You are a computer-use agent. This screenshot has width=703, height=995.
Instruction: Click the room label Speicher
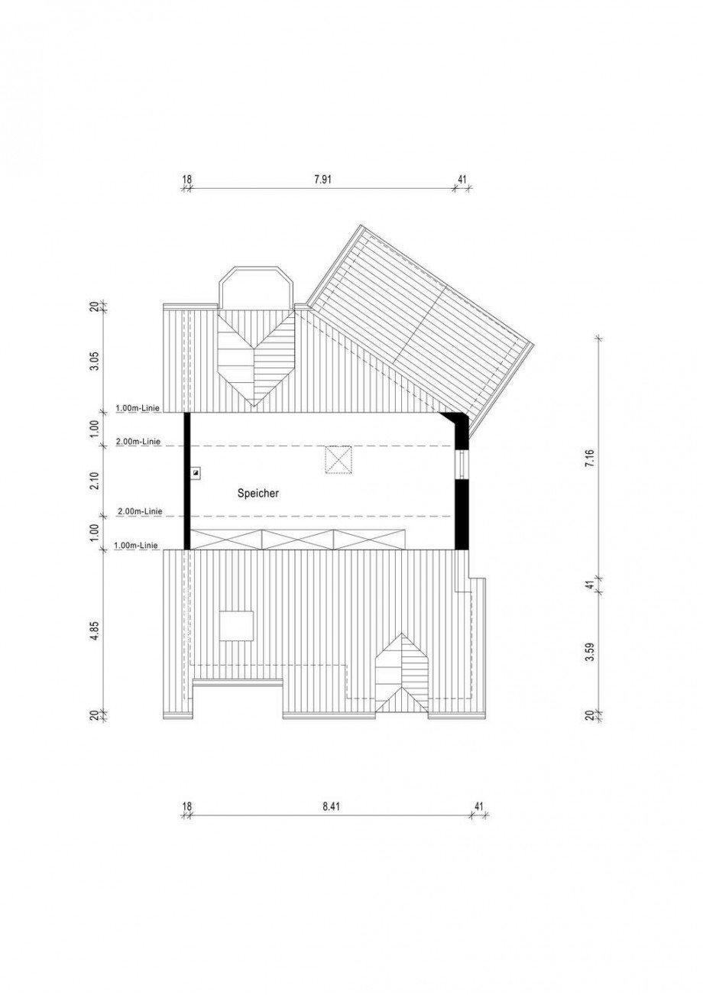258,493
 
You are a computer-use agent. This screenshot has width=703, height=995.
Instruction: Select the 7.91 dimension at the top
323,180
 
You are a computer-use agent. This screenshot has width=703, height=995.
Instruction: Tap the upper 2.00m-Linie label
138,442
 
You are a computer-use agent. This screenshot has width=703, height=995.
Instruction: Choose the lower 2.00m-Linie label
139,511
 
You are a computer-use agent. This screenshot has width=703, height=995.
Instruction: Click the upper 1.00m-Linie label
138,407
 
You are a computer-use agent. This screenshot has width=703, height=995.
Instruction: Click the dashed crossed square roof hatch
338,460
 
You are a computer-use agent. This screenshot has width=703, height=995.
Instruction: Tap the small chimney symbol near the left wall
196,473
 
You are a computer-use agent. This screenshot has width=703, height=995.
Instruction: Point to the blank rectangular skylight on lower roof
236,626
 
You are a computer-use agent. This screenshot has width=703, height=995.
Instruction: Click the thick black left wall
187,481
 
